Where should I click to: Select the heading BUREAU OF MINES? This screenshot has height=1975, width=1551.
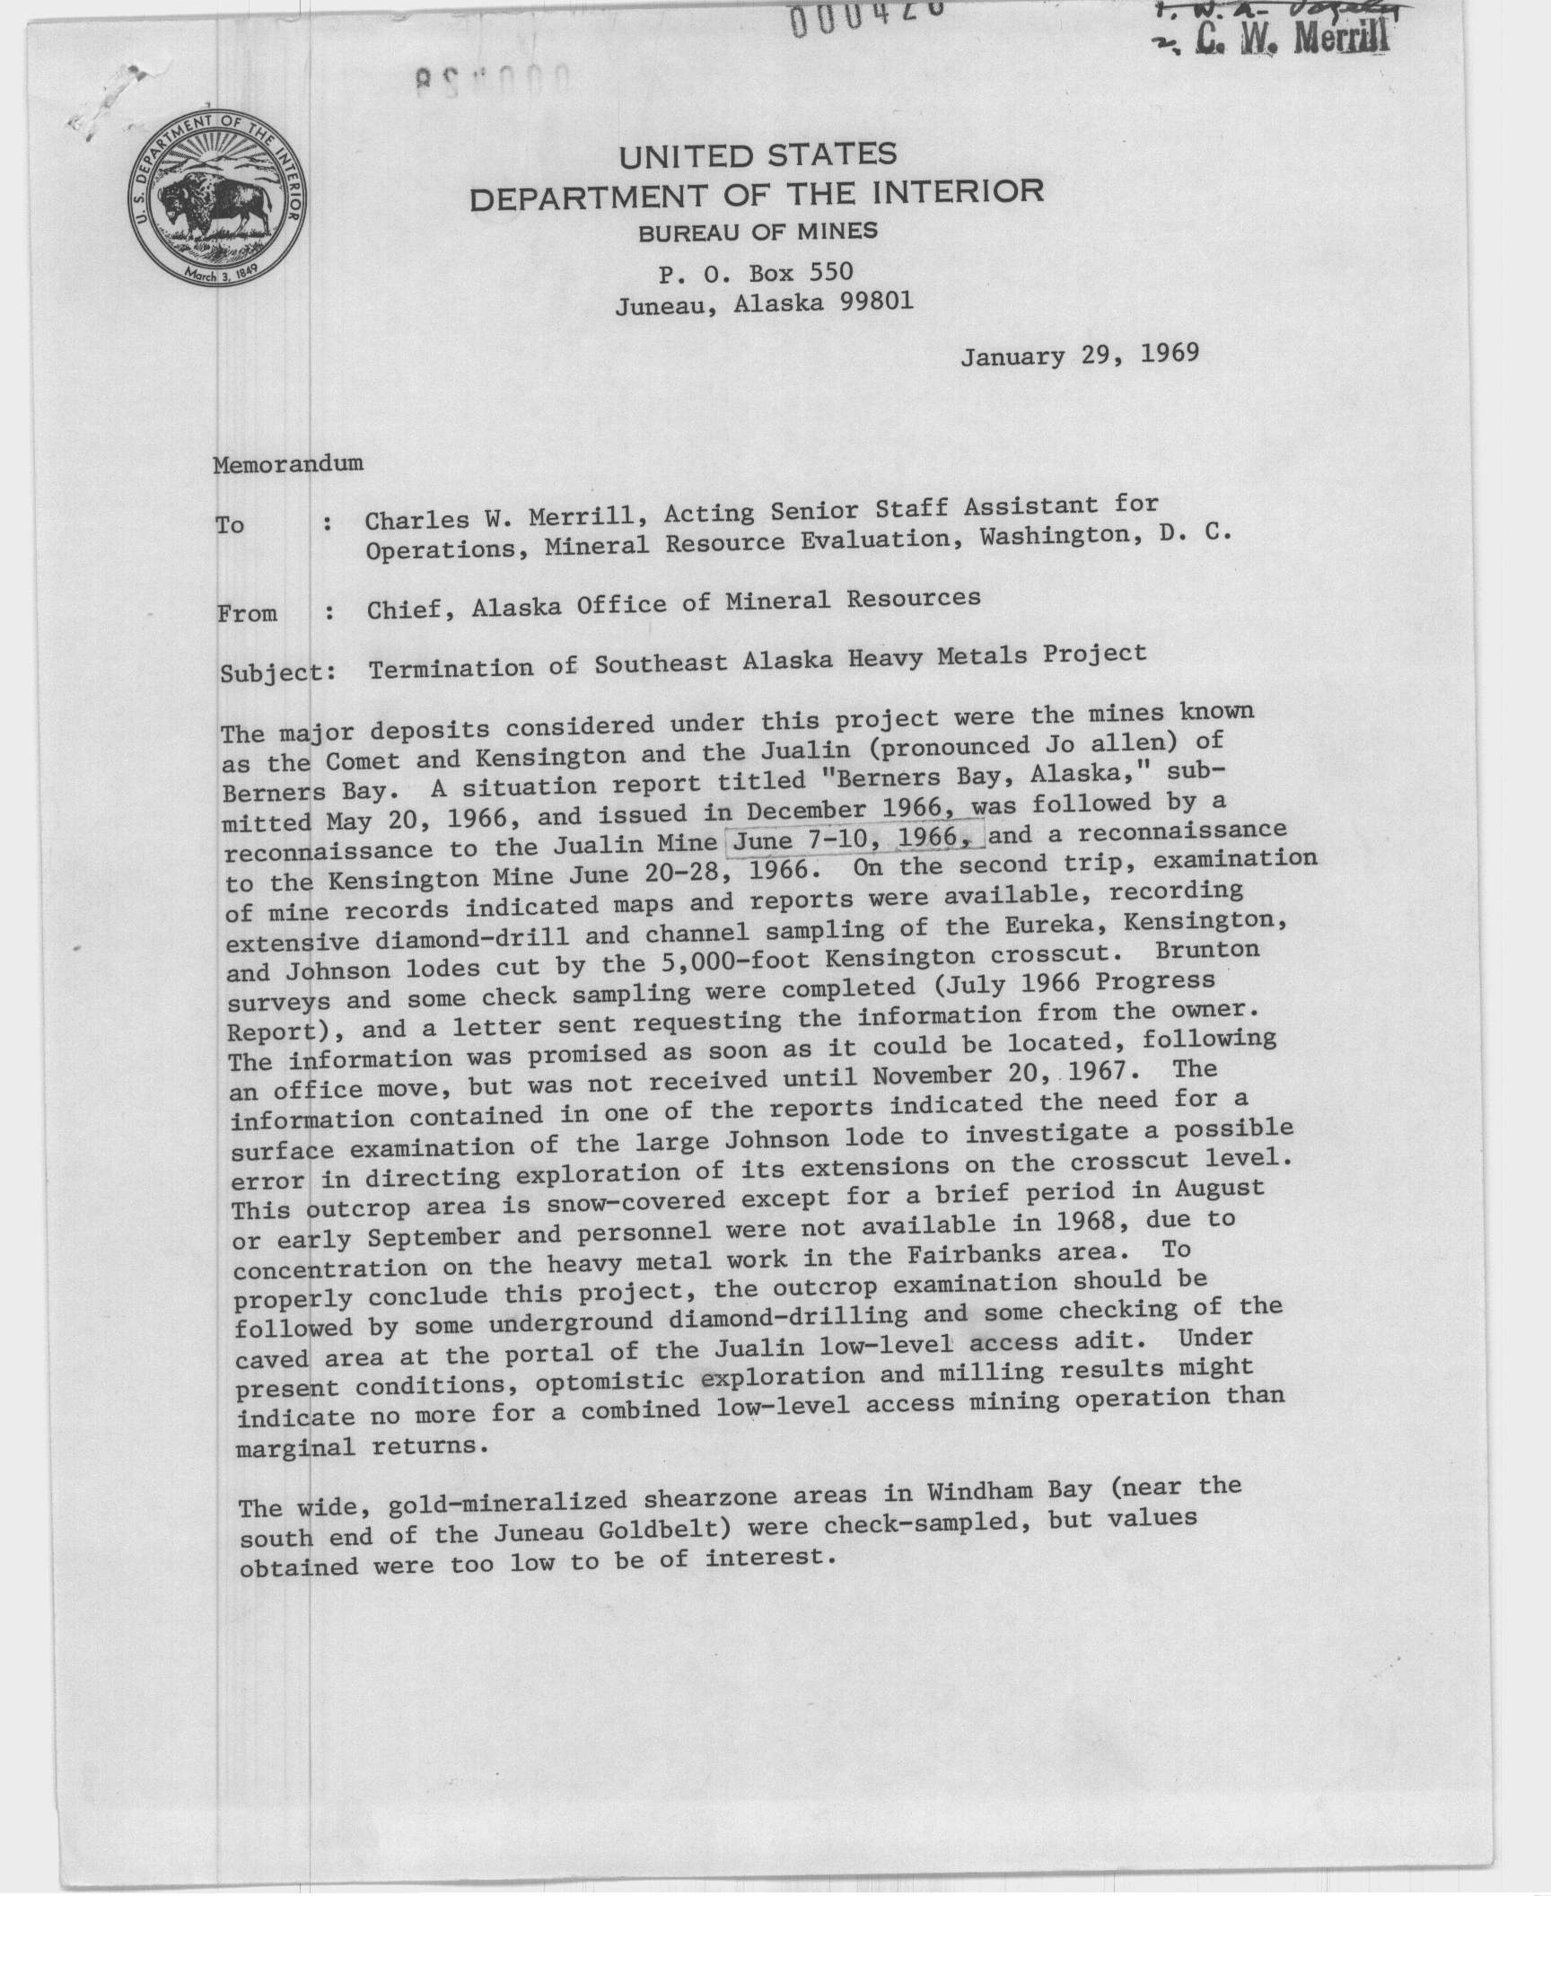(x=758, y=233)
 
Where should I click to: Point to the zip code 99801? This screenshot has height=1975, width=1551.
(x=876, y=303)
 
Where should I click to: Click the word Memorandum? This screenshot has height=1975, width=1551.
(x=288, y=463)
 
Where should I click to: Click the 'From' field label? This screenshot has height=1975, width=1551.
(x=247, y=614)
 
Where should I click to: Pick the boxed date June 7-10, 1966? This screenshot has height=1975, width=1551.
(x=857, y=838)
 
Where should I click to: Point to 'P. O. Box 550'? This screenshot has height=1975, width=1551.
(x=755, y=271)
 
